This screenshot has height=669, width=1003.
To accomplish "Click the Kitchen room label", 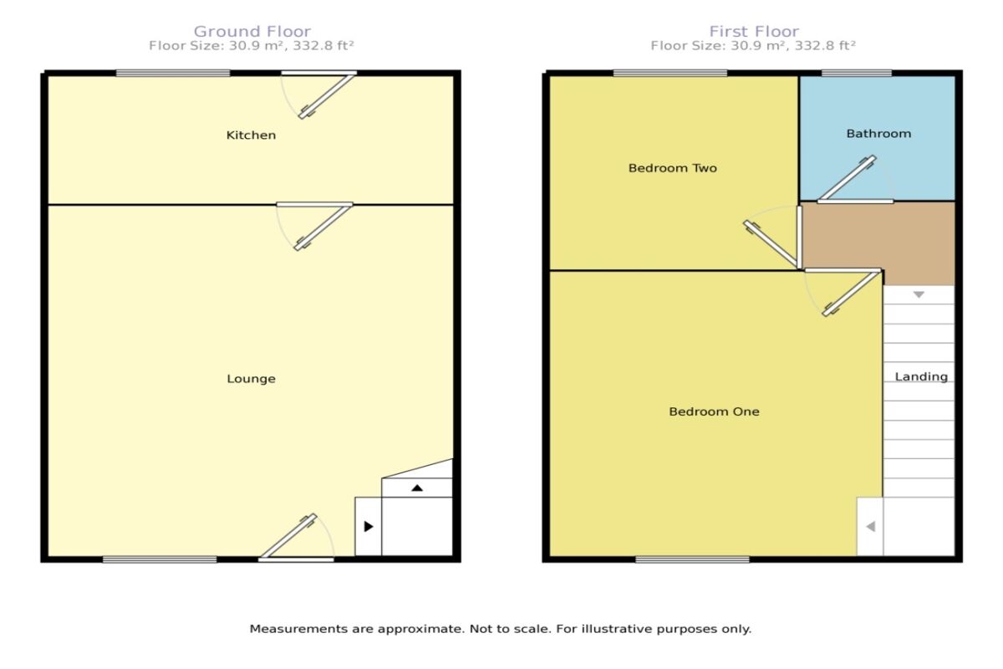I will click(251, 135).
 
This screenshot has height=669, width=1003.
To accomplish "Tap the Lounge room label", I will click(251, 379).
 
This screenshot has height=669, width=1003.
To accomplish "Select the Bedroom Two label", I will click(672, 168).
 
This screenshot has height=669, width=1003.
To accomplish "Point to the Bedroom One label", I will click(714, 411).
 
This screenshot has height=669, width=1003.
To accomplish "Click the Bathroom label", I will click(878, 134).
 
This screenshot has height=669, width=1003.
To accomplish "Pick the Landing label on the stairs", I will click(921, 376).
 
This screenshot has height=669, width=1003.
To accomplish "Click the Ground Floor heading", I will click(252, 32).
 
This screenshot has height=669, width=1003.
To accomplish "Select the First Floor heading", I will click(753, 32).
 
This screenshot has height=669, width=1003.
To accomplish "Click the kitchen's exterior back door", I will click(326, 94).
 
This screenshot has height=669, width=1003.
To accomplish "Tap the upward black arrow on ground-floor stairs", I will click(417, 488).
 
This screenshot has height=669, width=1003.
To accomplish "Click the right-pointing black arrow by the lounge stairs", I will click(368, 527).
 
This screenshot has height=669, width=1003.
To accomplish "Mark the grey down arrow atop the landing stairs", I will click(919, 295).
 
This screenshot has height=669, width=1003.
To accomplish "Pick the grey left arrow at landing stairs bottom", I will click(870, 527).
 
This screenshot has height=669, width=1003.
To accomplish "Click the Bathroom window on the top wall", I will click(856, 74).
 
